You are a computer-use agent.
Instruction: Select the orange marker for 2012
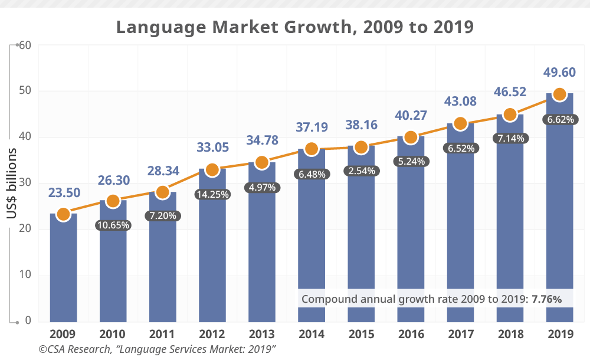coord(212,170)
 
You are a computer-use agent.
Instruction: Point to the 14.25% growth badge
coord(212,194)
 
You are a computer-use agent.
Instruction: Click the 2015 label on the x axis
coord(361,334)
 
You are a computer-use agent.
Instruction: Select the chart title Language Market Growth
coord(294,27)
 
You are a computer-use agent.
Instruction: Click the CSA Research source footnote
coord(158,349)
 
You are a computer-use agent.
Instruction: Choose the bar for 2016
coord(411,236)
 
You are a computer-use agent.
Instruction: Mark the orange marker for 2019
coord(560,94)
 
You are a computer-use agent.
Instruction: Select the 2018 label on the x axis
coord(510,334)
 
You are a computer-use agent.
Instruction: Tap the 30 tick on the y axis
coord(24,184)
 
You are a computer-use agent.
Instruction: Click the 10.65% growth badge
coord(113,225)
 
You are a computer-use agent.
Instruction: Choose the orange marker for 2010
coord(113,201)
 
